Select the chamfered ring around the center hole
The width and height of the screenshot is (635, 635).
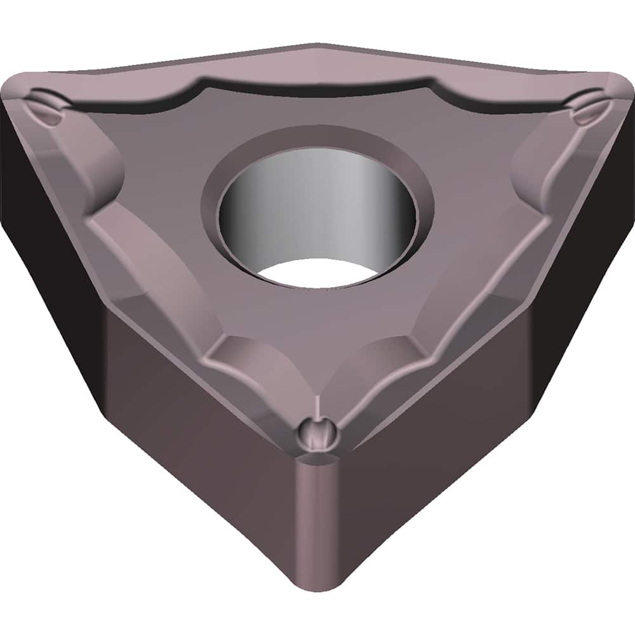pos(317,140)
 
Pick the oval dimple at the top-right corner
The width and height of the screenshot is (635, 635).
pos(587,107)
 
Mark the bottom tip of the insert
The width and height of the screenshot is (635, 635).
pos(316,587)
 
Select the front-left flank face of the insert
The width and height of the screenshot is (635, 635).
pos(203,432)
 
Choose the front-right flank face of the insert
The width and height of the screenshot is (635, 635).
pos(432,432)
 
